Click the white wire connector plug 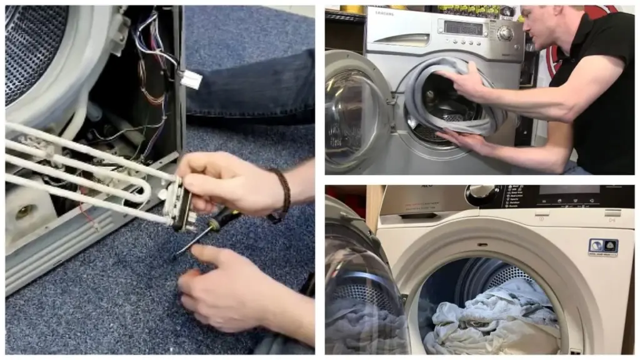pos(191,79)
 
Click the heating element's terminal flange pos(177,203)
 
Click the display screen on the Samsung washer pos(463,28)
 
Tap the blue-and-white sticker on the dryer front pos(602,246)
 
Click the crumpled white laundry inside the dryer pos(494,319)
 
